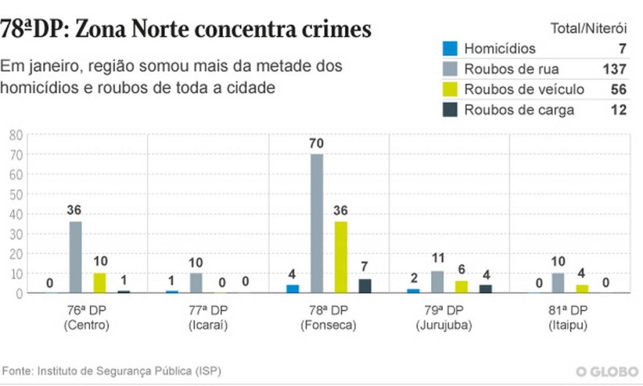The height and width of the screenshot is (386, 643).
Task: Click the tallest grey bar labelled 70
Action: pos(317,223)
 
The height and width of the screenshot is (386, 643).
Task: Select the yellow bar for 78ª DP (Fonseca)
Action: pos(341,257)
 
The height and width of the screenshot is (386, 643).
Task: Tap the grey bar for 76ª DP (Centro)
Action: pos(75,257)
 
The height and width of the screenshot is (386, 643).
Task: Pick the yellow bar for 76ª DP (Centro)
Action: pos(100,283)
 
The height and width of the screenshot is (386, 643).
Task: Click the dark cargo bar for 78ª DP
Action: pos(365,286)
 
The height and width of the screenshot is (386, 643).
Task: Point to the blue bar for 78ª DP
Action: pos(293,289)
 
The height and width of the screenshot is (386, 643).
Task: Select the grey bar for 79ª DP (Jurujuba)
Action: pos(437,282)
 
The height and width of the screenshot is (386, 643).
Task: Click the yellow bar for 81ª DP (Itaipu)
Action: pos(582,289)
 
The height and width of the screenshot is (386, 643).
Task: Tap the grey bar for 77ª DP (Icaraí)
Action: pos(196,283)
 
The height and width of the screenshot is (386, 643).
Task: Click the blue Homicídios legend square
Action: pos(450,48)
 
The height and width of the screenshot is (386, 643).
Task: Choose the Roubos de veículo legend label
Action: pos(524,89)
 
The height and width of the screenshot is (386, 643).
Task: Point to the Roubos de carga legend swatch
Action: pos(450,110)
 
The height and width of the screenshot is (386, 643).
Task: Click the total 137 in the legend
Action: pos(615,69)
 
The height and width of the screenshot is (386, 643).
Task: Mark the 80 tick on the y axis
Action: pos(16,135)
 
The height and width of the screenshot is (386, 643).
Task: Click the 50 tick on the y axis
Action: pos(16,194)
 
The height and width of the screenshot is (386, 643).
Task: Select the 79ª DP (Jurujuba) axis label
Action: pos(444,318)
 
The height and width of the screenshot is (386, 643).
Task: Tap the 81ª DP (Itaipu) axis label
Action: pos(568,318)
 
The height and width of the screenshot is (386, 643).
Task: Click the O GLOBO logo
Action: pos(607,372)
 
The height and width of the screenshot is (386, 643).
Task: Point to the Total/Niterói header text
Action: pos(589,28)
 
